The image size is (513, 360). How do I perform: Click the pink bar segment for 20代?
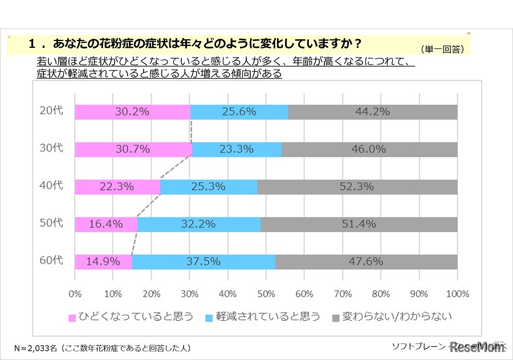coord(132,112)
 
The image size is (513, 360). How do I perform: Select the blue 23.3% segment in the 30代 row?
coord(237,150)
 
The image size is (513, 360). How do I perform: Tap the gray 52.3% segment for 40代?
coord(357,187)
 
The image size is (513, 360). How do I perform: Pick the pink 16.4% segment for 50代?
coord(106,224)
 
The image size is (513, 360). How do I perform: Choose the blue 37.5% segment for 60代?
coord(203,262)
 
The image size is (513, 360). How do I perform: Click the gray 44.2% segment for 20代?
coord(373,112)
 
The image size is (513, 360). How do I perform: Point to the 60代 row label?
coord(52,261)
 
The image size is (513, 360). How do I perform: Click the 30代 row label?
coord(52,149)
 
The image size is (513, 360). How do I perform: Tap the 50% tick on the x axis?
coord(266,294)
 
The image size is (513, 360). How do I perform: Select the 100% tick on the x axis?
coord(457,294)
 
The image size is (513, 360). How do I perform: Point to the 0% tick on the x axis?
coord(75,294)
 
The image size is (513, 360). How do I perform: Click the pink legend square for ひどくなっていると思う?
coord(72,317)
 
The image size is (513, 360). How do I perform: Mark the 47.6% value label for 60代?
coord(366,262)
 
